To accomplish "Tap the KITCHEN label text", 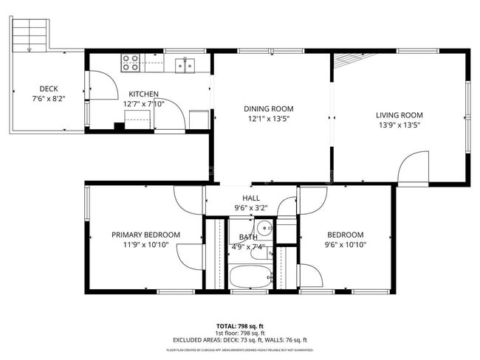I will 143,94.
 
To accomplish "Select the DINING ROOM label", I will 269,109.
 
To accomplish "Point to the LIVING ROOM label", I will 399,114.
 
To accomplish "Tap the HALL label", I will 251,198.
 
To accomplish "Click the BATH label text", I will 248,237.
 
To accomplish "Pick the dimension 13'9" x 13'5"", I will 399,125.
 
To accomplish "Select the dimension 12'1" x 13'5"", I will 269,120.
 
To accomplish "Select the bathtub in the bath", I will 250,277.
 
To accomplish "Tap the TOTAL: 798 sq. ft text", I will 240,325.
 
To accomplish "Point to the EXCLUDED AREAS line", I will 240,341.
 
